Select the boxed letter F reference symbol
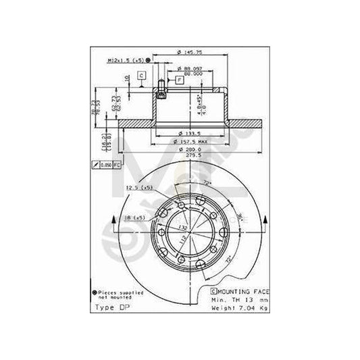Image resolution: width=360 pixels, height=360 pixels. click(179, 80)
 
